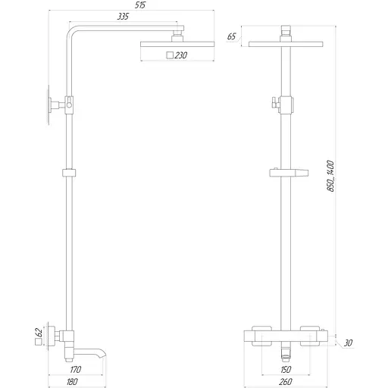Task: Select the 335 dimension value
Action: point(122,16)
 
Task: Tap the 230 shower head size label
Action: point(182,55)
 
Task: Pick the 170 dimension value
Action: point(75,371)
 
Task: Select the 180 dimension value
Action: point(72,383)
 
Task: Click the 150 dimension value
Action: point(286,371)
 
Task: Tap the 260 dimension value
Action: point(286,383)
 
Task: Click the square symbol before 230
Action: point(169,55)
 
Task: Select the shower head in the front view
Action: point(285,44)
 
